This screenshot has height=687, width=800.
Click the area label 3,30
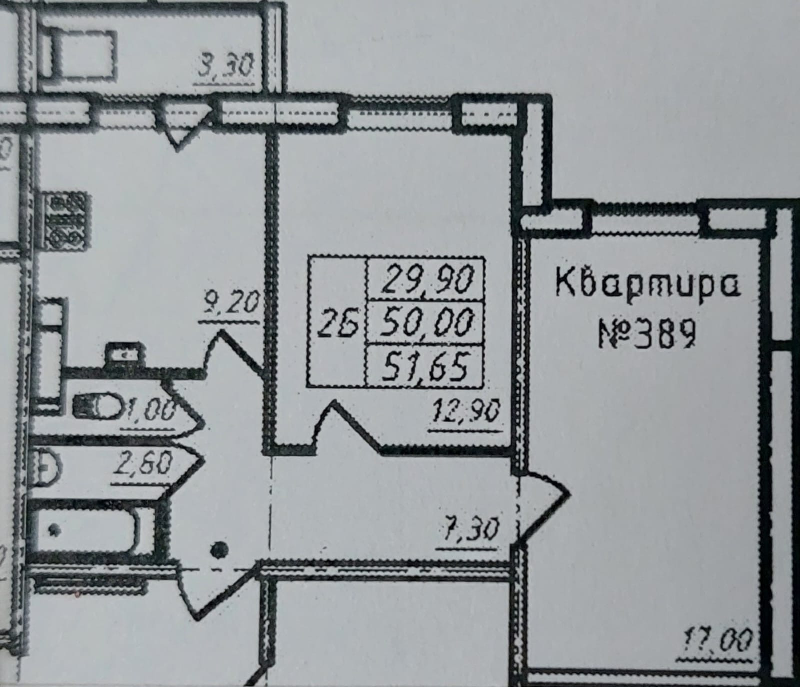(226, 67)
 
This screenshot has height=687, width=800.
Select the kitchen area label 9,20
(231, 304)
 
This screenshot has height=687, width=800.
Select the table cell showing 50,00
(425, 322)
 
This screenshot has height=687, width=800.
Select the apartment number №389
(647, 334)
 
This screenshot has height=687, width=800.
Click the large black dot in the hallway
(219, 551)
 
